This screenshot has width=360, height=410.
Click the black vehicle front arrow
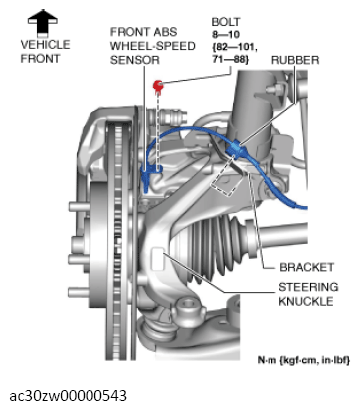pyautogui.click(x=41, y=18)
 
